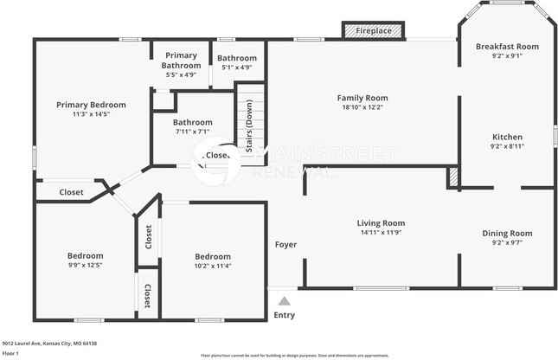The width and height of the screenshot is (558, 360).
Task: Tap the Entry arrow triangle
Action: tap(284, 301)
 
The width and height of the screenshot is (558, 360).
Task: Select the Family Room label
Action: tap(362, 99)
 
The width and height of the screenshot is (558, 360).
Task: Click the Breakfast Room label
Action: tap(507, 47)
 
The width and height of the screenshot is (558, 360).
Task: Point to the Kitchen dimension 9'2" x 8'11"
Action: tap(507, 148)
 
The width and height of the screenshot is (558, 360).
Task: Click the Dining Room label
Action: tap(507, 233)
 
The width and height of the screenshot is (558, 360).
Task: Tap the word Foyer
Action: tap(286, 245)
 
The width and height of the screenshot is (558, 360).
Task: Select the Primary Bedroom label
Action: tap(86, 105)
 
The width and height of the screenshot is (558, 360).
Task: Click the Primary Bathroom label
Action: tap(181, 61)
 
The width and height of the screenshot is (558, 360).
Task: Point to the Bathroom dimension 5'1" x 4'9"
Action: tap(236, 67)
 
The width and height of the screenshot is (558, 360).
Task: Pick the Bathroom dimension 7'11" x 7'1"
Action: tap(193, 132)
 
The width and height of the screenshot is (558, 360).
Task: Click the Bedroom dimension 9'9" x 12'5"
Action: tap(86, 266)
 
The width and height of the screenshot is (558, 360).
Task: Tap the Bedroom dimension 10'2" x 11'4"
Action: tap(212, 266)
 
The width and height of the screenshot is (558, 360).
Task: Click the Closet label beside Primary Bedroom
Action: tap(72, 192)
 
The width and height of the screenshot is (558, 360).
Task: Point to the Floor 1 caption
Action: tap(11, 353)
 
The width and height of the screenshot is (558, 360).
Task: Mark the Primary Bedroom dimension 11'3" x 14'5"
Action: tap(86, 113)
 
